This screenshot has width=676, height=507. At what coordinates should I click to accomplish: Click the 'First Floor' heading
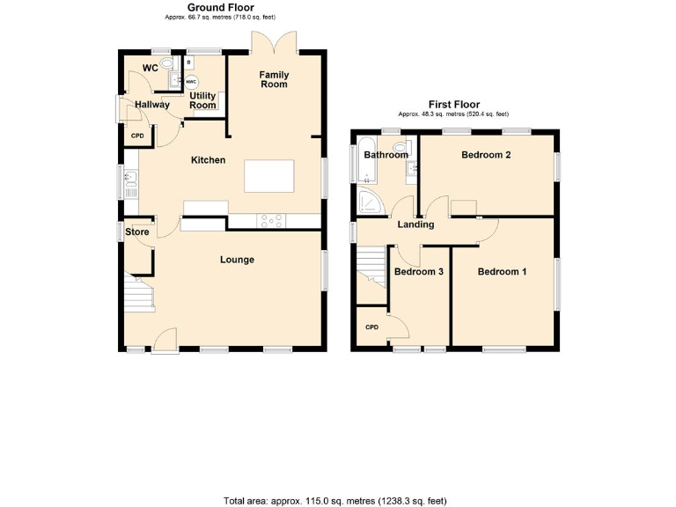pos(453,104)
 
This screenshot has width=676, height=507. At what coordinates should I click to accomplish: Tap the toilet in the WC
pos(168,64)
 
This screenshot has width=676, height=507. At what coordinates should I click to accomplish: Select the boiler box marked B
pos(187,63)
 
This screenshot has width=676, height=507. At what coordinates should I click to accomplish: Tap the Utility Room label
pos(202,100)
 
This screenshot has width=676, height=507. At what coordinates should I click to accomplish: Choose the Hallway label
pos(152,105)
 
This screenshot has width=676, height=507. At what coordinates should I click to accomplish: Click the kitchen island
pos(270,176)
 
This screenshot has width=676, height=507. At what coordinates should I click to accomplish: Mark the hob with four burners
pos(271,221)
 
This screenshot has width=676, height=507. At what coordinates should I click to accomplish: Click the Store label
pos(136,232)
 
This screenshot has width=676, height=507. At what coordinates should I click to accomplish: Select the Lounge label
pos(237,260)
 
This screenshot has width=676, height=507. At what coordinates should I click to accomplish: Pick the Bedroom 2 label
pos(486,155)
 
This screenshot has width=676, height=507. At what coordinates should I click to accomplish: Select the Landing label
pos(415,224)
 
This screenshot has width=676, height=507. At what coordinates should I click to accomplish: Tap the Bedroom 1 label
pos(502,272)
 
